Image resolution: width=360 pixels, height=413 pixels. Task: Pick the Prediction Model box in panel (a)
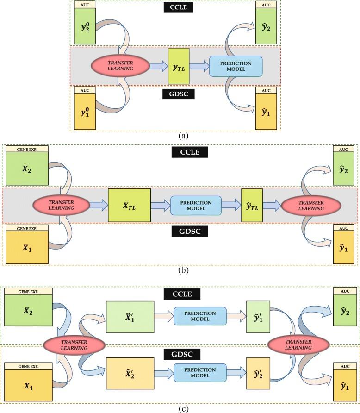click(236, 66)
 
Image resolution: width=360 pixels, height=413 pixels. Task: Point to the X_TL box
click(129, 205)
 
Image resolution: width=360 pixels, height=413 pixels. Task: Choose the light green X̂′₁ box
click(130, 317)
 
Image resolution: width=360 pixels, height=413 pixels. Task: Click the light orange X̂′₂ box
click(130, 372)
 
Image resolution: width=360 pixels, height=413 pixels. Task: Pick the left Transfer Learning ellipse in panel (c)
click(72, 343)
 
